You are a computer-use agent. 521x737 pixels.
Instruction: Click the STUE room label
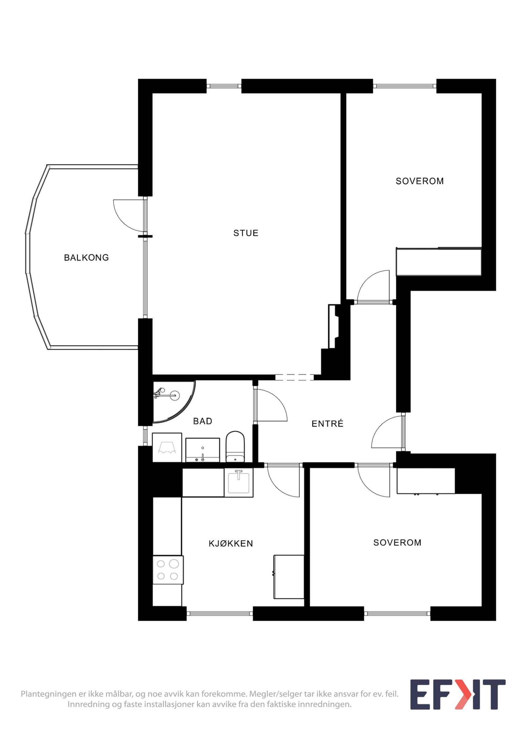pyautogui.click(x=245, y=233)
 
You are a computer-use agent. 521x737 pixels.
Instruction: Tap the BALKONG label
pyautogui.click(x=86, y=257)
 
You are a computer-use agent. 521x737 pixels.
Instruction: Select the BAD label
pyautogui.click(x=202, y=421)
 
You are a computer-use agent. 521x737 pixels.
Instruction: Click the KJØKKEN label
pyautogui.click(x=231, y=543)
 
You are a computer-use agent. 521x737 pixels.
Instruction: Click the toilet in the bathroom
pyautogui.click(x=235, y=446)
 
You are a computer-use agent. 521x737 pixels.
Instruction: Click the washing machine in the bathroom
pyautogui.click(x=167, y=447)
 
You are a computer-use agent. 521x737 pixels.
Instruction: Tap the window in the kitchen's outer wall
pyautogui.click(x=220, y=614)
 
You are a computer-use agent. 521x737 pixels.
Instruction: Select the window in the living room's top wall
pyautogui.click(x=224, y=86)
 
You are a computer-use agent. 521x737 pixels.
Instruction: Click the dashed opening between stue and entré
pyautogui.click(x=294, y=377)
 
